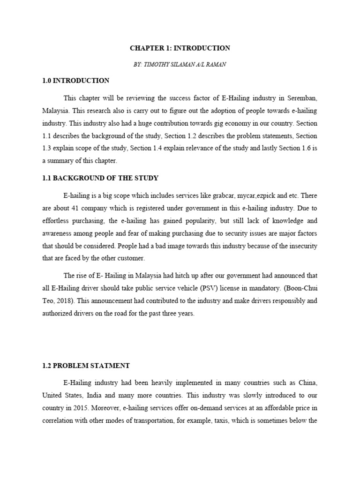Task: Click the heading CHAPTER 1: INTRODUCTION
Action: [x=180, y=48]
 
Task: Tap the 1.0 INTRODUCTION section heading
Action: [x=75, y=81]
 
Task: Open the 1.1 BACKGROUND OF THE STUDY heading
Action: [x=100, y=178]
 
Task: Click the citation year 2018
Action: [x=69, y=300]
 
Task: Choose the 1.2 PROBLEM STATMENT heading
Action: [x=86, y=365]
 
